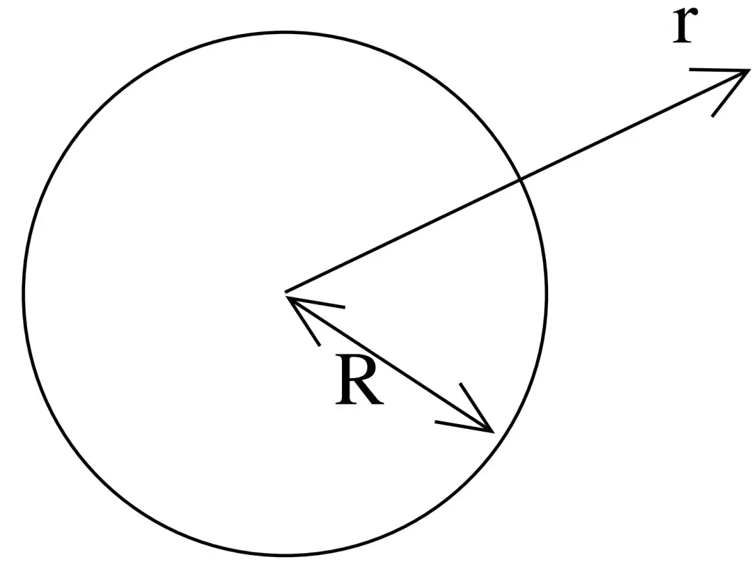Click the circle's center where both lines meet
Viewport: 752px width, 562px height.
[x=286, y=292]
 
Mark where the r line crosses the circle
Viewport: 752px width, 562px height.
[x=521, y=180]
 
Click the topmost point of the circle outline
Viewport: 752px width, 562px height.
[x=285, y=31]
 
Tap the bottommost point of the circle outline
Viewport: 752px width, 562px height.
[x=285, y=556]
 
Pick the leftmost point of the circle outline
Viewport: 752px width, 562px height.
[x=24, y=292]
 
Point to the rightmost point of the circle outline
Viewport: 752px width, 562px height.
[x=547, y=292]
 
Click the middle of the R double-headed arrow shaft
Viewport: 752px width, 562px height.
[x=390, y=362]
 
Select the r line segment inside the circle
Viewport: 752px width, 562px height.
[x=404, y=236]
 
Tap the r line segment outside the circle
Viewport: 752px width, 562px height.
[x=634, y=125]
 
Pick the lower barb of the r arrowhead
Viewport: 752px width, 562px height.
[x=730, y=93]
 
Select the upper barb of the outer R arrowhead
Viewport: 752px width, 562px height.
[x=476, y=406]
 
